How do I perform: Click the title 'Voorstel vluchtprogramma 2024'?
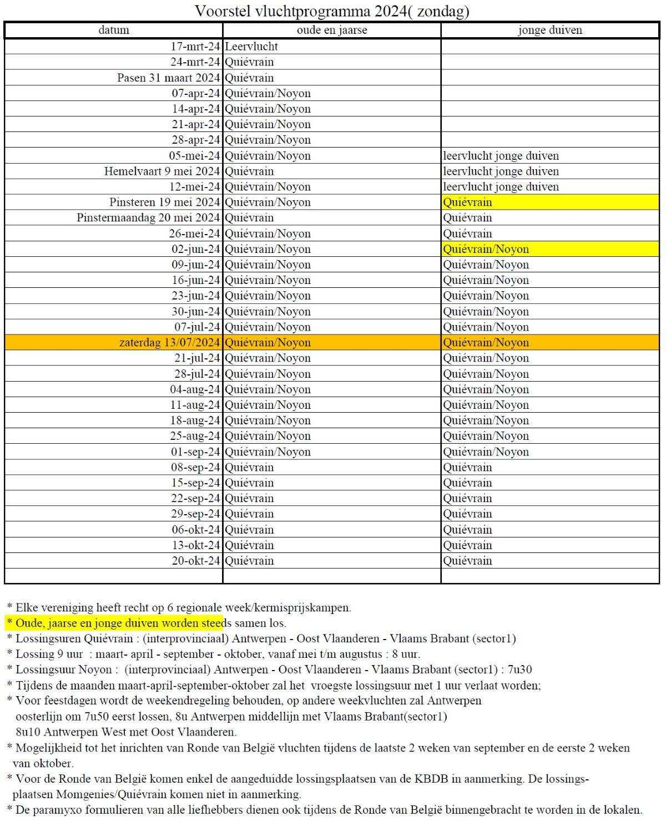click(x=332, y=11)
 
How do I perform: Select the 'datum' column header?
click(x=114, y=30)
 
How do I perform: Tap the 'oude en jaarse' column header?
click(x=331, y=30)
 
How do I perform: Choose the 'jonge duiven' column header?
click(x=549, y=30)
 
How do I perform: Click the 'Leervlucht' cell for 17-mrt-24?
click(x=251, y=47)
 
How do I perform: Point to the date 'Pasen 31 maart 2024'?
click(x=168, y=78)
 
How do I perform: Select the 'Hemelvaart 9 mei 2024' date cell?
click(x=162, y=171)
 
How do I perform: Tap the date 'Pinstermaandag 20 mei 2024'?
click(x=148, y=218)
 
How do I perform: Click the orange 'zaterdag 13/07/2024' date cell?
click(x=170, y=343)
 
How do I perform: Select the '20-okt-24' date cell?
click(x=196, y=561)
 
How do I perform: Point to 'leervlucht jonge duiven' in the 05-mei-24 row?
click(x=501, y=156)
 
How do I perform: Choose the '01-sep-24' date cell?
click(x=196, y=452)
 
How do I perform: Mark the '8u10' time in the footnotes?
click(x=28, y=732)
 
